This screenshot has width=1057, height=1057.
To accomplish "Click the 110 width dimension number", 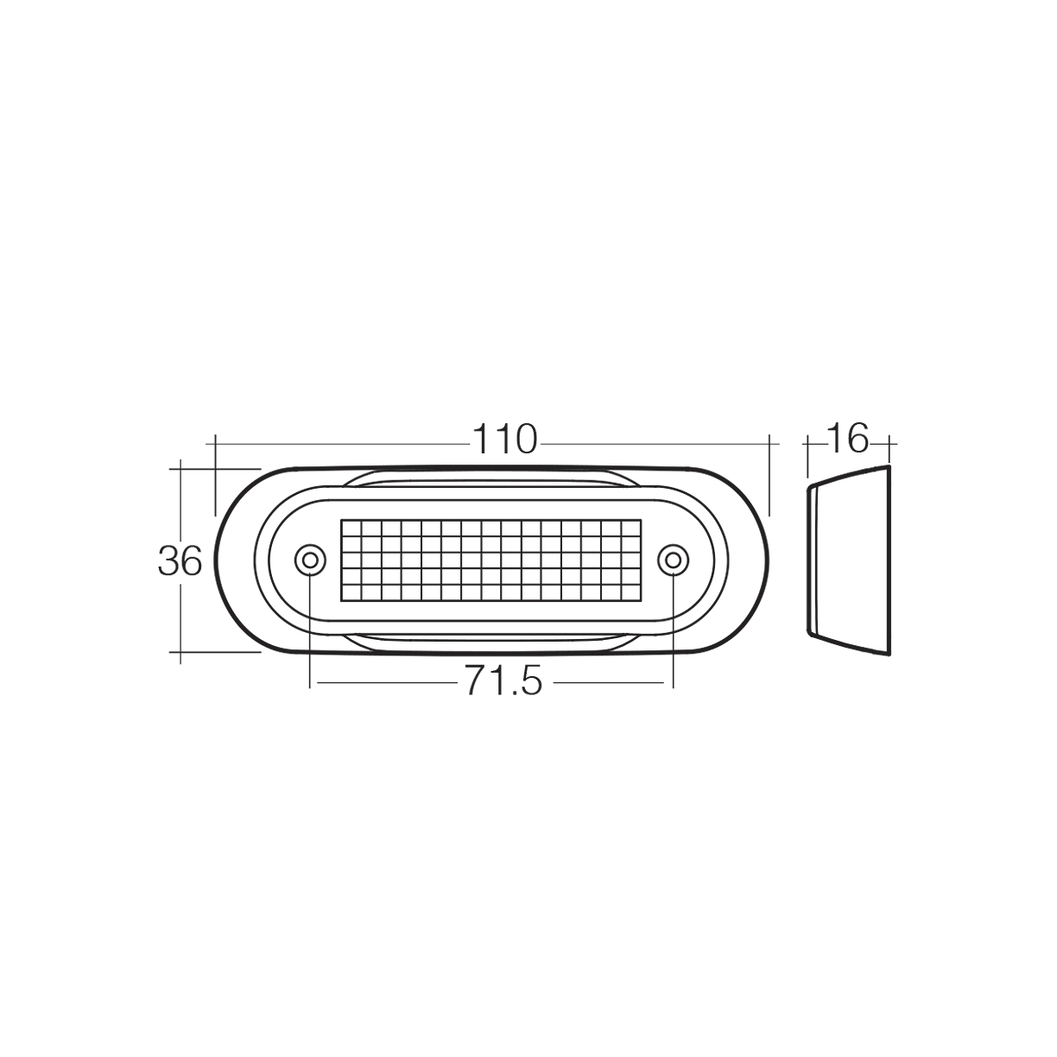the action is pos(504,440).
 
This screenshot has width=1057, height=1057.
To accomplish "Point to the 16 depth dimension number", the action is pos(848,439).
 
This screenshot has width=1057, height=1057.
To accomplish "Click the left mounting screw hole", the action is pos(310,560).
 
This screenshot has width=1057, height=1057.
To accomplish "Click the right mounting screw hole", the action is pos(673,560).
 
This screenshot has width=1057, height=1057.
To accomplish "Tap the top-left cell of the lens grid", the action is pos(351,527).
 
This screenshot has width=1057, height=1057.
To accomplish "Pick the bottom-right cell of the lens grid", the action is pos(631,593).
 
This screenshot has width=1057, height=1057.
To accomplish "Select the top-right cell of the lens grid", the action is pos(631,527).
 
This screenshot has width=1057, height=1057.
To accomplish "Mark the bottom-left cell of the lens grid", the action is pos(351,593).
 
